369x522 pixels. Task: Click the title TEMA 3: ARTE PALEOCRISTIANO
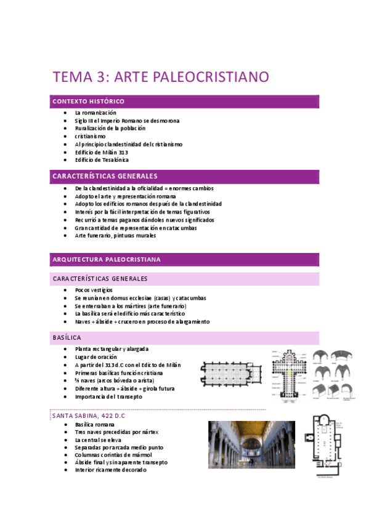click(x=161, y=78)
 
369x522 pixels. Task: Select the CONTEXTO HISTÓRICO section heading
click(x=89, y=101)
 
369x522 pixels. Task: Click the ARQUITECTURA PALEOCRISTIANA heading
click(x=107, y=259)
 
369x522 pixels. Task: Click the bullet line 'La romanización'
click(x=95, y=113)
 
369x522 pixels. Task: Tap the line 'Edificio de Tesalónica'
click(x=102, y=160)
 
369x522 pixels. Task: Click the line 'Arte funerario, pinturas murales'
click(x=115, y=235)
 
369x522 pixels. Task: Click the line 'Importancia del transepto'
click(x=108, y=396)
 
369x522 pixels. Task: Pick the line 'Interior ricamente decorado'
click(x=110, y=470)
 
